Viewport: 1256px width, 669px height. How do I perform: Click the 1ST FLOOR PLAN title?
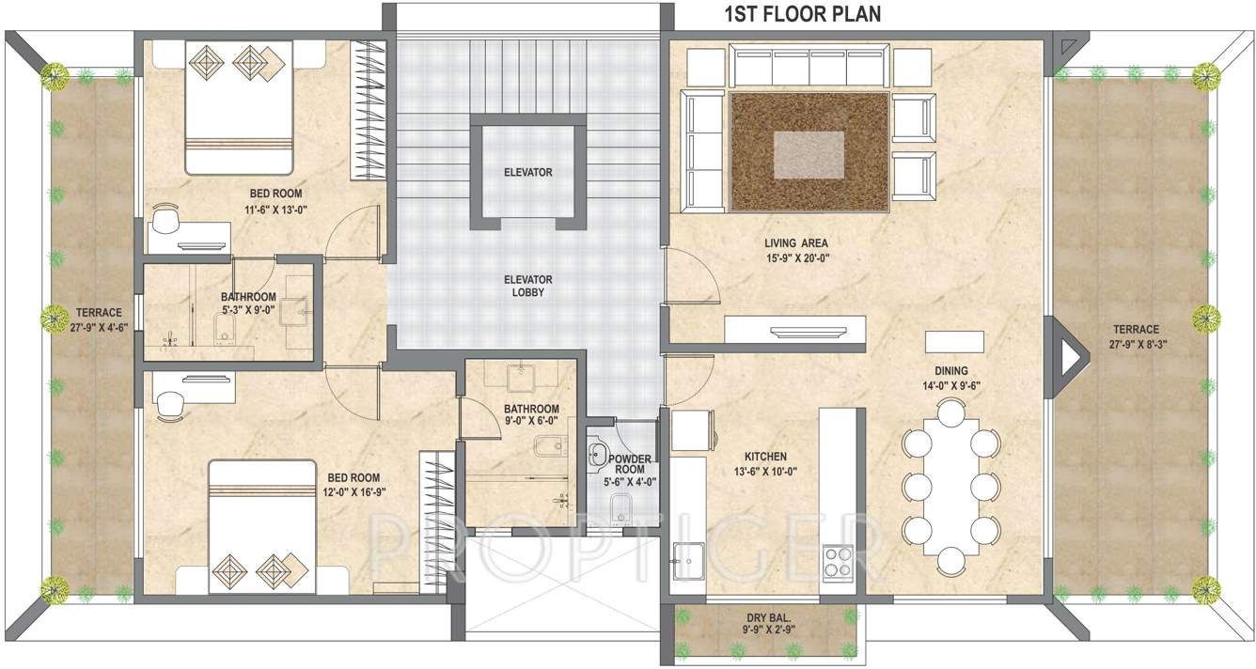(802, 14)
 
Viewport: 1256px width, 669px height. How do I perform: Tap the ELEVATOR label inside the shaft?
(527, 173)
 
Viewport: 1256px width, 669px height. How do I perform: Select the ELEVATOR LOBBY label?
(527, 286)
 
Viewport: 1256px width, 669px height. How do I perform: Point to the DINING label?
(950, 371)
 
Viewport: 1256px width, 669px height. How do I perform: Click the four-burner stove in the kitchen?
(837, 561)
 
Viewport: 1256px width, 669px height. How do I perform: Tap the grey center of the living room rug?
(809, 152)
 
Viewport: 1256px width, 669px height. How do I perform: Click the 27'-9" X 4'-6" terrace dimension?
(99, 327)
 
